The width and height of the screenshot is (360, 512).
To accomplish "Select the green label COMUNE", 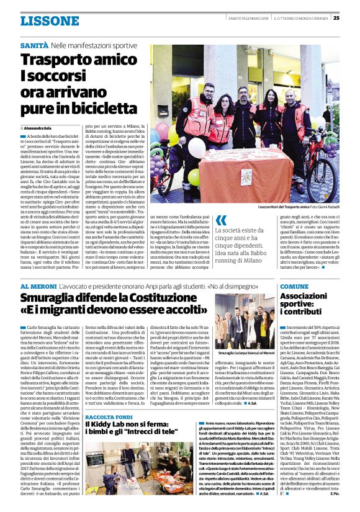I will tap(295, 286).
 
